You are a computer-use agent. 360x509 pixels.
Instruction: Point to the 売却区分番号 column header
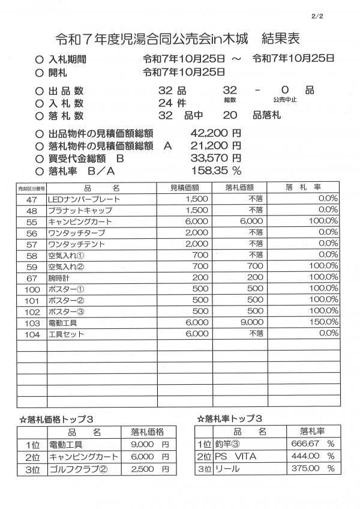tap(32, 188)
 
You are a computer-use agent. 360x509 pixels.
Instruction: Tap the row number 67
tap(32, 278)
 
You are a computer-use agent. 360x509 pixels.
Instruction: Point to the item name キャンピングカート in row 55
tap(77, 221)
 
